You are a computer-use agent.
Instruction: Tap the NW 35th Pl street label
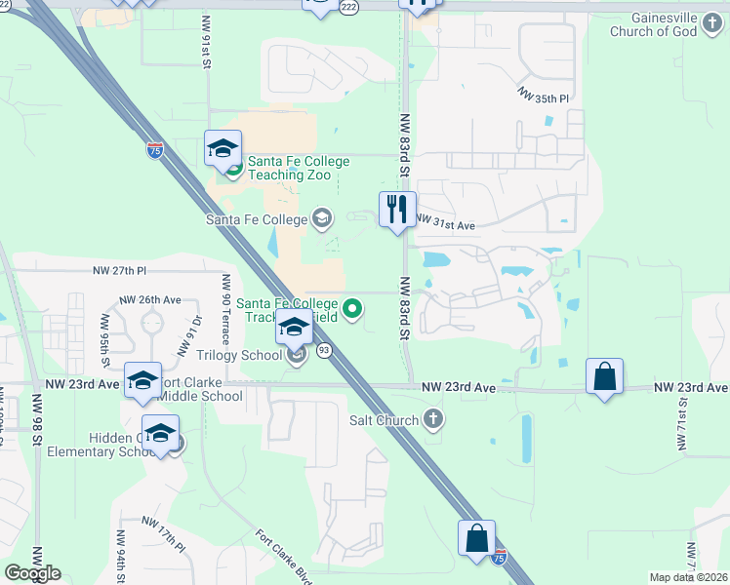coord(543,97)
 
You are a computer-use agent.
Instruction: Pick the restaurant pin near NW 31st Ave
coord(396,210)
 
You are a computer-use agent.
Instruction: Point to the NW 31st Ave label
coord(446,224)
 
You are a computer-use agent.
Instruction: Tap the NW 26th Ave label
coord(150,299)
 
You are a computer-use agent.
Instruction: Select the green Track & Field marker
coord(353,311)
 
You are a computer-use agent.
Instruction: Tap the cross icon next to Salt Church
coord(434,420)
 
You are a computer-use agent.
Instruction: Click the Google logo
coord(32,573)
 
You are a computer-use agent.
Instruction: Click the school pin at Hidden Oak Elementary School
coord(160,432)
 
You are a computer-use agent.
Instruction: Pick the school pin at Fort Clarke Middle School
coord(142,379)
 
